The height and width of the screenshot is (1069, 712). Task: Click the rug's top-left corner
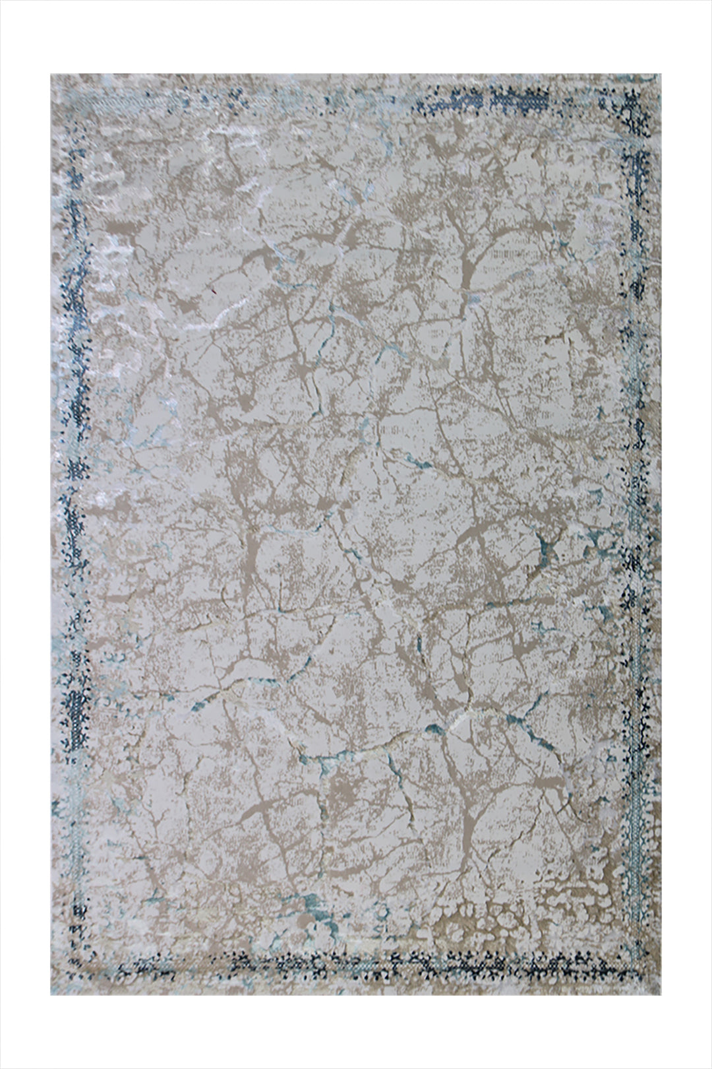(51, 75)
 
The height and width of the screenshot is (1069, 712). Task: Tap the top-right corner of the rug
(661, 75)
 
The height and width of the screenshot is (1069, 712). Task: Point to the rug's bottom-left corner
(51, 994)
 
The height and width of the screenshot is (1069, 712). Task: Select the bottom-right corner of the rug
(661, 994)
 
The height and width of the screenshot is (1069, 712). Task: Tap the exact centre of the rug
(356, 534)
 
